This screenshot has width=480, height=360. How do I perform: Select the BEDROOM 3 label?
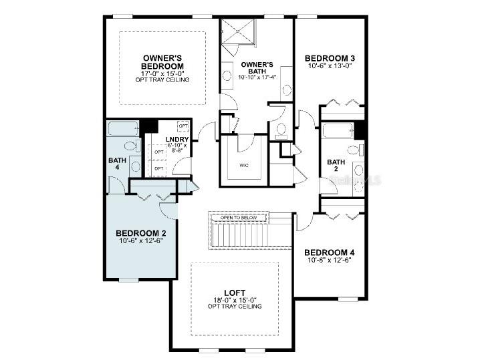click(x=330, y=58)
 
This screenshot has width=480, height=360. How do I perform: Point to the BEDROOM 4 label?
click(x=330, y=252)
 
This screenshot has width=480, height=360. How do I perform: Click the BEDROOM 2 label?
click(x=140, y=233)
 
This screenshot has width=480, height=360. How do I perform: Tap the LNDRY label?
click(x=177, y=140)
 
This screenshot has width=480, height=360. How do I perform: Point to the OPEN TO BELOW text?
click(x=239, y=217)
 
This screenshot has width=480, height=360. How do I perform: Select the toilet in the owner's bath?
click(x=281, y=130)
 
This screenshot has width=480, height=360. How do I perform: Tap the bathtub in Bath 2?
click(x=337, y=130)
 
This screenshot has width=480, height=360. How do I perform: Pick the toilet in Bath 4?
click(x=131, y=146)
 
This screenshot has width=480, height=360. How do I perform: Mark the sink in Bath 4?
click(x=135, y=165)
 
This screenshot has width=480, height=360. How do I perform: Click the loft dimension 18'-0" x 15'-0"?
click(x=234, y=300)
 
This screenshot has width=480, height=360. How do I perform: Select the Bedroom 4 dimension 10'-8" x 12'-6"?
click(x=330, y=260)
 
